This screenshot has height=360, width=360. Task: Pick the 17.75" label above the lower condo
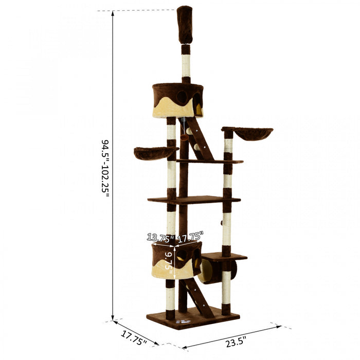coord(191,237)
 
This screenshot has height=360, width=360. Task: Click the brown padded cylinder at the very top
coord(185,24)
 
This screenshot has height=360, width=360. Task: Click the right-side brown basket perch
coord(254,134)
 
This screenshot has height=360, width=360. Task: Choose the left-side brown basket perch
coord(155,153)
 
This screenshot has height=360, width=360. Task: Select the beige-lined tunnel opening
coord(207,271)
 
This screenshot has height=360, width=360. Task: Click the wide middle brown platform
coord(193,200)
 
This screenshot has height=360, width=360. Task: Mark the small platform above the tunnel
coord(224,256)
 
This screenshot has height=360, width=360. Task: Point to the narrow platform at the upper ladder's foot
coord(211,161)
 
